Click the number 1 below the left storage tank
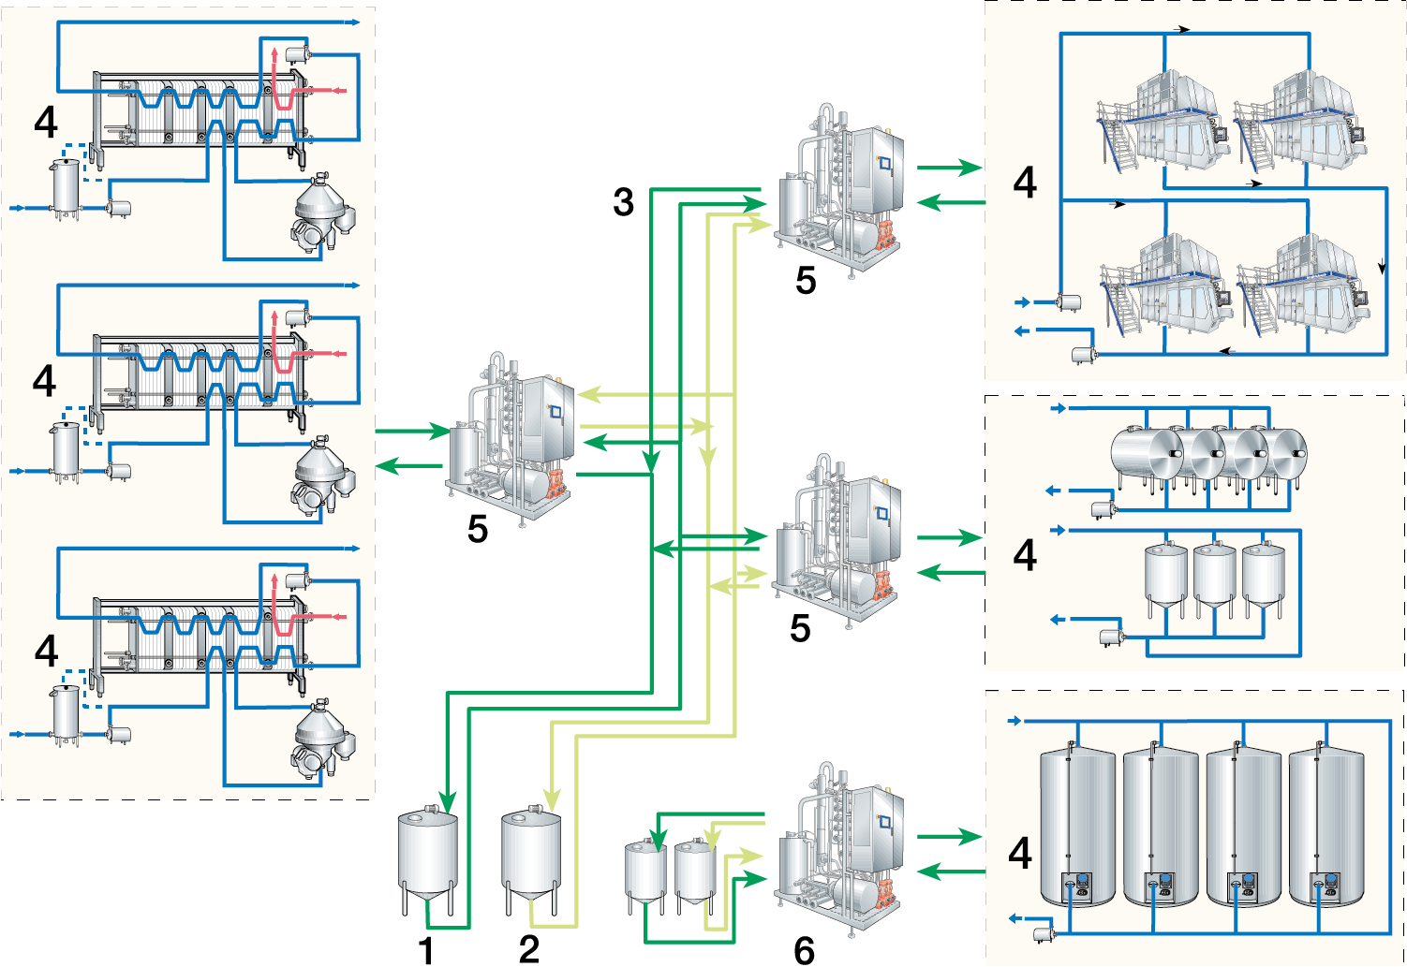(x=426, y=950)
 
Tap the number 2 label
(x=529, y=949)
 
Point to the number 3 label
(x=624, y=202)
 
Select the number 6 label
(x=804, y=950)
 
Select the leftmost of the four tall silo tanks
(x=1077, y=824)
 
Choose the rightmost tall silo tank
(x=1326, y=824)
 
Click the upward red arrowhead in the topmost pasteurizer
(x=273, y=51)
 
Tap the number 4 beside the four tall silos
(x=1021, y=853)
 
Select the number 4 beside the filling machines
(x=1026, y=183)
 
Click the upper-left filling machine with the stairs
(x=1162, y=122)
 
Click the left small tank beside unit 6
(x=645, y=871)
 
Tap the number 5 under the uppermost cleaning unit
(x=806, y=281)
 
